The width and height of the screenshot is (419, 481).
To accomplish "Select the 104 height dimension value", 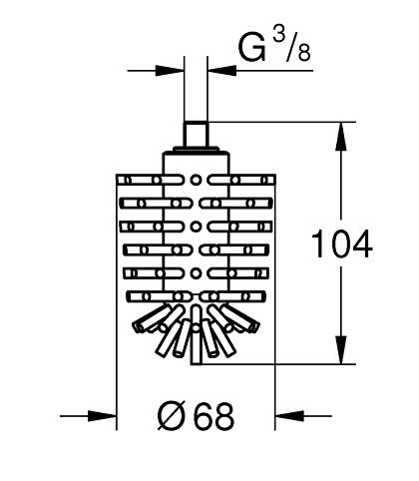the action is [341, 244].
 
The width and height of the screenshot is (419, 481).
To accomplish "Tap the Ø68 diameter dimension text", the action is [196, 416].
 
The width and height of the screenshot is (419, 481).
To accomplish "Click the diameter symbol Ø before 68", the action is [171, 416].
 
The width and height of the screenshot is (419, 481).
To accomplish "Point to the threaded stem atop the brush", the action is [196, 134].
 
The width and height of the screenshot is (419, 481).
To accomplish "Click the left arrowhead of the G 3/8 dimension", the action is [170, 71].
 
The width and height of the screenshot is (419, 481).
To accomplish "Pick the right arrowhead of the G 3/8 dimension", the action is [221, 71].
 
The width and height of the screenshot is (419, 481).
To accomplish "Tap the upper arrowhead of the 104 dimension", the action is [341, 136].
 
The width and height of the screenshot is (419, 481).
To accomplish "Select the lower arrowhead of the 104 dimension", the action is [341, 349].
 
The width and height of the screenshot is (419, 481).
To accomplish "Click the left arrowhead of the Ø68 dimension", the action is [102, 416].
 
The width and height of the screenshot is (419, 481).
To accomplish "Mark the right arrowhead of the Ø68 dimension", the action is [289, 416].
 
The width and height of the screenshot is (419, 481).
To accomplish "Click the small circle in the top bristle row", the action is [196, 180].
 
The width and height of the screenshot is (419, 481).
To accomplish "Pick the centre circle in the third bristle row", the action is [196, 227].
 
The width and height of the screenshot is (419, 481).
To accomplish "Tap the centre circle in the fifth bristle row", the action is [196, 273].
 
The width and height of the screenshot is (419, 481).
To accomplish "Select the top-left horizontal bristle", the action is [150, 180].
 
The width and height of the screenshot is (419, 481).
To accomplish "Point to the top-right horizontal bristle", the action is [241, 180].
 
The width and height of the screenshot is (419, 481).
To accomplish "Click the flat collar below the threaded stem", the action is [196, 150].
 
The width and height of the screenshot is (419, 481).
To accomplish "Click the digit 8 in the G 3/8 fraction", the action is [304, 53].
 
